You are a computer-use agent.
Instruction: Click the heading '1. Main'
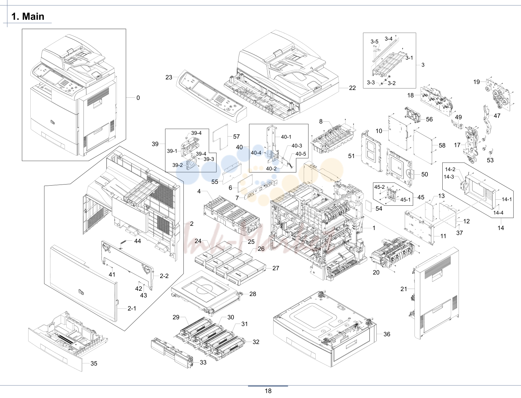(28, 16)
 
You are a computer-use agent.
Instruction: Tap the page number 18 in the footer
(268, 391)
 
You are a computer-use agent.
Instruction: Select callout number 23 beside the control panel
(169, 77)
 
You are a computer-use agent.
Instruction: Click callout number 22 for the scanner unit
(352, 88)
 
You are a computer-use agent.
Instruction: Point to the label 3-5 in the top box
(375, 42)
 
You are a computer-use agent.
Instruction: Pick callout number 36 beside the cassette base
(387, 334)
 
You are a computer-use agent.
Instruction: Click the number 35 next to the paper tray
(94, 363)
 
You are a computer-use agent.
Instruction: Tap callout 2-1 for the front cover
(132, 308)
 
